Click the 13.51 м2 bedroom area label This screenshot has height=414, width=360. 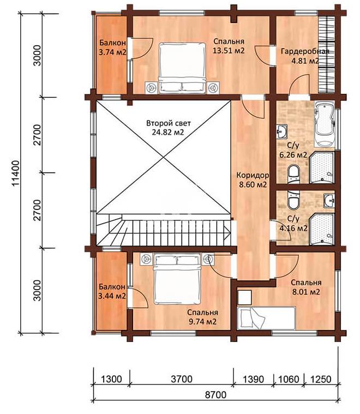tap(229, 51)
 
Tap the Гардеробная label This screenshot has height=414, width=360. tap(305, 51)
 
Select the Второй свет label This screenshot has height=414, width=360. tap(168, 123)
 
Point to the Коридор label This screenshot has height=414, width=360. tap(253, 175)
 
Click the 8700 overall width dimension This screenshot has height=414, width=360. tap(215, 395)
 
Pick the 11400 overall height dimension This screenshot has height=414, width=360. tap(16, 173)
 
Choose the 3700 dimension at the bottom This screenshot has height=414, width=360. tap(182, 379)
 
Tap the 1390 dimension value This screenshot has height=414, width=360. tap(253, 380)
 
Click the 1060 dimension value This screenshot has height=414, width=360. tap(289, 380)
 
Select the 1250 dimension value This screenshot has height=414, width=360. tap(320, 380)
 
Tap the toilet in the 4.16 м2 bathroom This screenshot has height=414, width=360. tap(293, 200)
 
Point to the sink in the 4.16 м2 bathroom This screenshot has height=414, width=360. tap(329, 200)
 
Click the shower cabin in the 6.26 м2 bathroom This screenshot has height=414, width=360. tap(322, 167)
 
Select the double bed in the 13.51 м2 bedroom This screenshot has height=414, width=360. tap(182, 68)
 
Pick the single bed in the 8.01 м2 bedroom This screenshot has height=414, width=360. tap(266, 318)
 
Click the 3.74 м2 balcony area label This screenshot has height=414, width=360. tap(112, 52)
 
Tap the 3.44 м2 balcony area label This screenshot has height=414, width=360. tap(112, 296)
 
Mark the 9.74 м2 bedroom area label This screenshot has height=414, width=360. tap(202, 322)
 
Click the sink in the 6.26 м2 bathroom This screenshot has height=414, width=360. tap(281, 131)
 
